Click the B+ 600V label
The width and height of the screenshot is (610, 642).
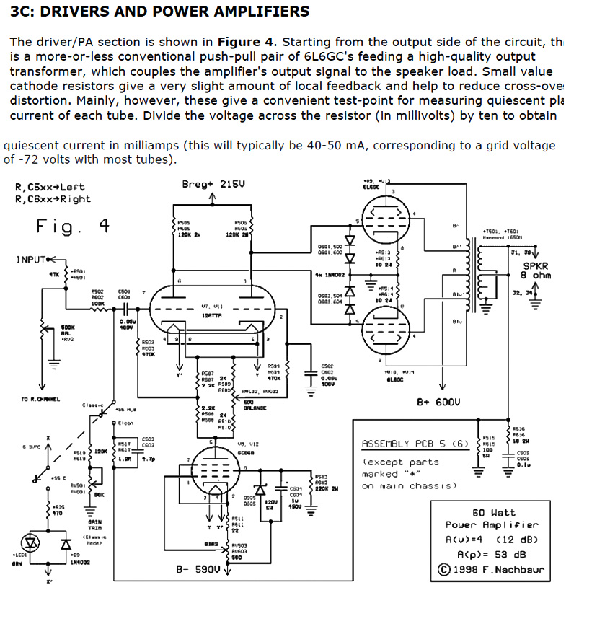(x=439, y=401)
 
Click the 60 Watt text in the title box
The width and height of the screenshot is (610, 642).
(x=493, y=512)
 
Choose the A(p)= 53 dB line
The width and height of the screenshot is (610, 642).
(x=492, y=555)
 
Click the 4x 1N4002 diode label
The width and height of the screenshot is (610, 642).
(x=331, y=274)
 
